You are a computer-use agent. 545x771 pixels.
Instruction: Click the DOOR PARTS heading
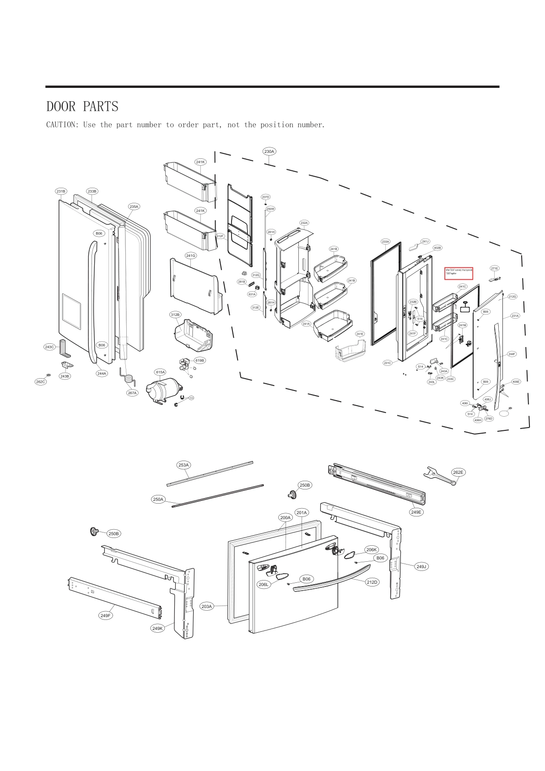pos(82,107)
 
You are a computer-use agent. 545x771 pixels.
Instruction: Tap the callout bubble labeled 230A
pos(269,152)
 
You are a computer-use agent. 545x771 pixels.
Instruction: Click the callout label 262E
pos(458,472)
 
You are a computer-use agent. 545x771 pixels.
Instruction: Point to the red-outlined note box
pos(459,273)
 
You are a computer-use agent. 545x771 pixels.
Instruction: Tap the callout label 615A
pos(160,372)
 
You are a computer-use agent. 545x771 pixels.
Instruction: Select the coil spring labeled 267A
pos(128,377)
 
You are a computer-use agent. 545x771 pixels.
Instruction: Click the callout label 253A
pos(183,465)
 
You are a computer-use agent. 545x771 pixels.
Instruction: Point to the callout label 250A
pos(158,499)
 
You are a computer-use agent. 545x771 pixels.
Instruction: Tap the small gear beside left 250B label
pos(94,532)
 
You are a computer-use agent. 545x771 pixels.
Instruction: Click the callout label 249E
pos(416,512)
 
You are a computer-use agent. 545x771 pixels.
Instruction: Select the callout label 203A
pos(207,606)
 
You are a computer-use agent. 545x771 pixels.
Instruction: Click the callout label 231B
pos(61,191)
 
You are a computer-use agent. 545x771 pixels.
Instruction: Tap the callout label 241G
pos(190,255)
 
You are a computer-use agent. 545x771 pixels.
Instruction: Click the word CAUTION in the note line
pos(62,125)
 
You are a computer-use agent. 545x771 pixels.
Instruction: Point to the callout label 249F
pos(106,615)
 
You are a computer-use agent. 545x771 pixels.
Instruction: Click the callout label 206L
pos(264,584)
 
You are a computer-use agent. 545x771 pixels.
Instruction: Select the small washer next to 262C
pos(49,375)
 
